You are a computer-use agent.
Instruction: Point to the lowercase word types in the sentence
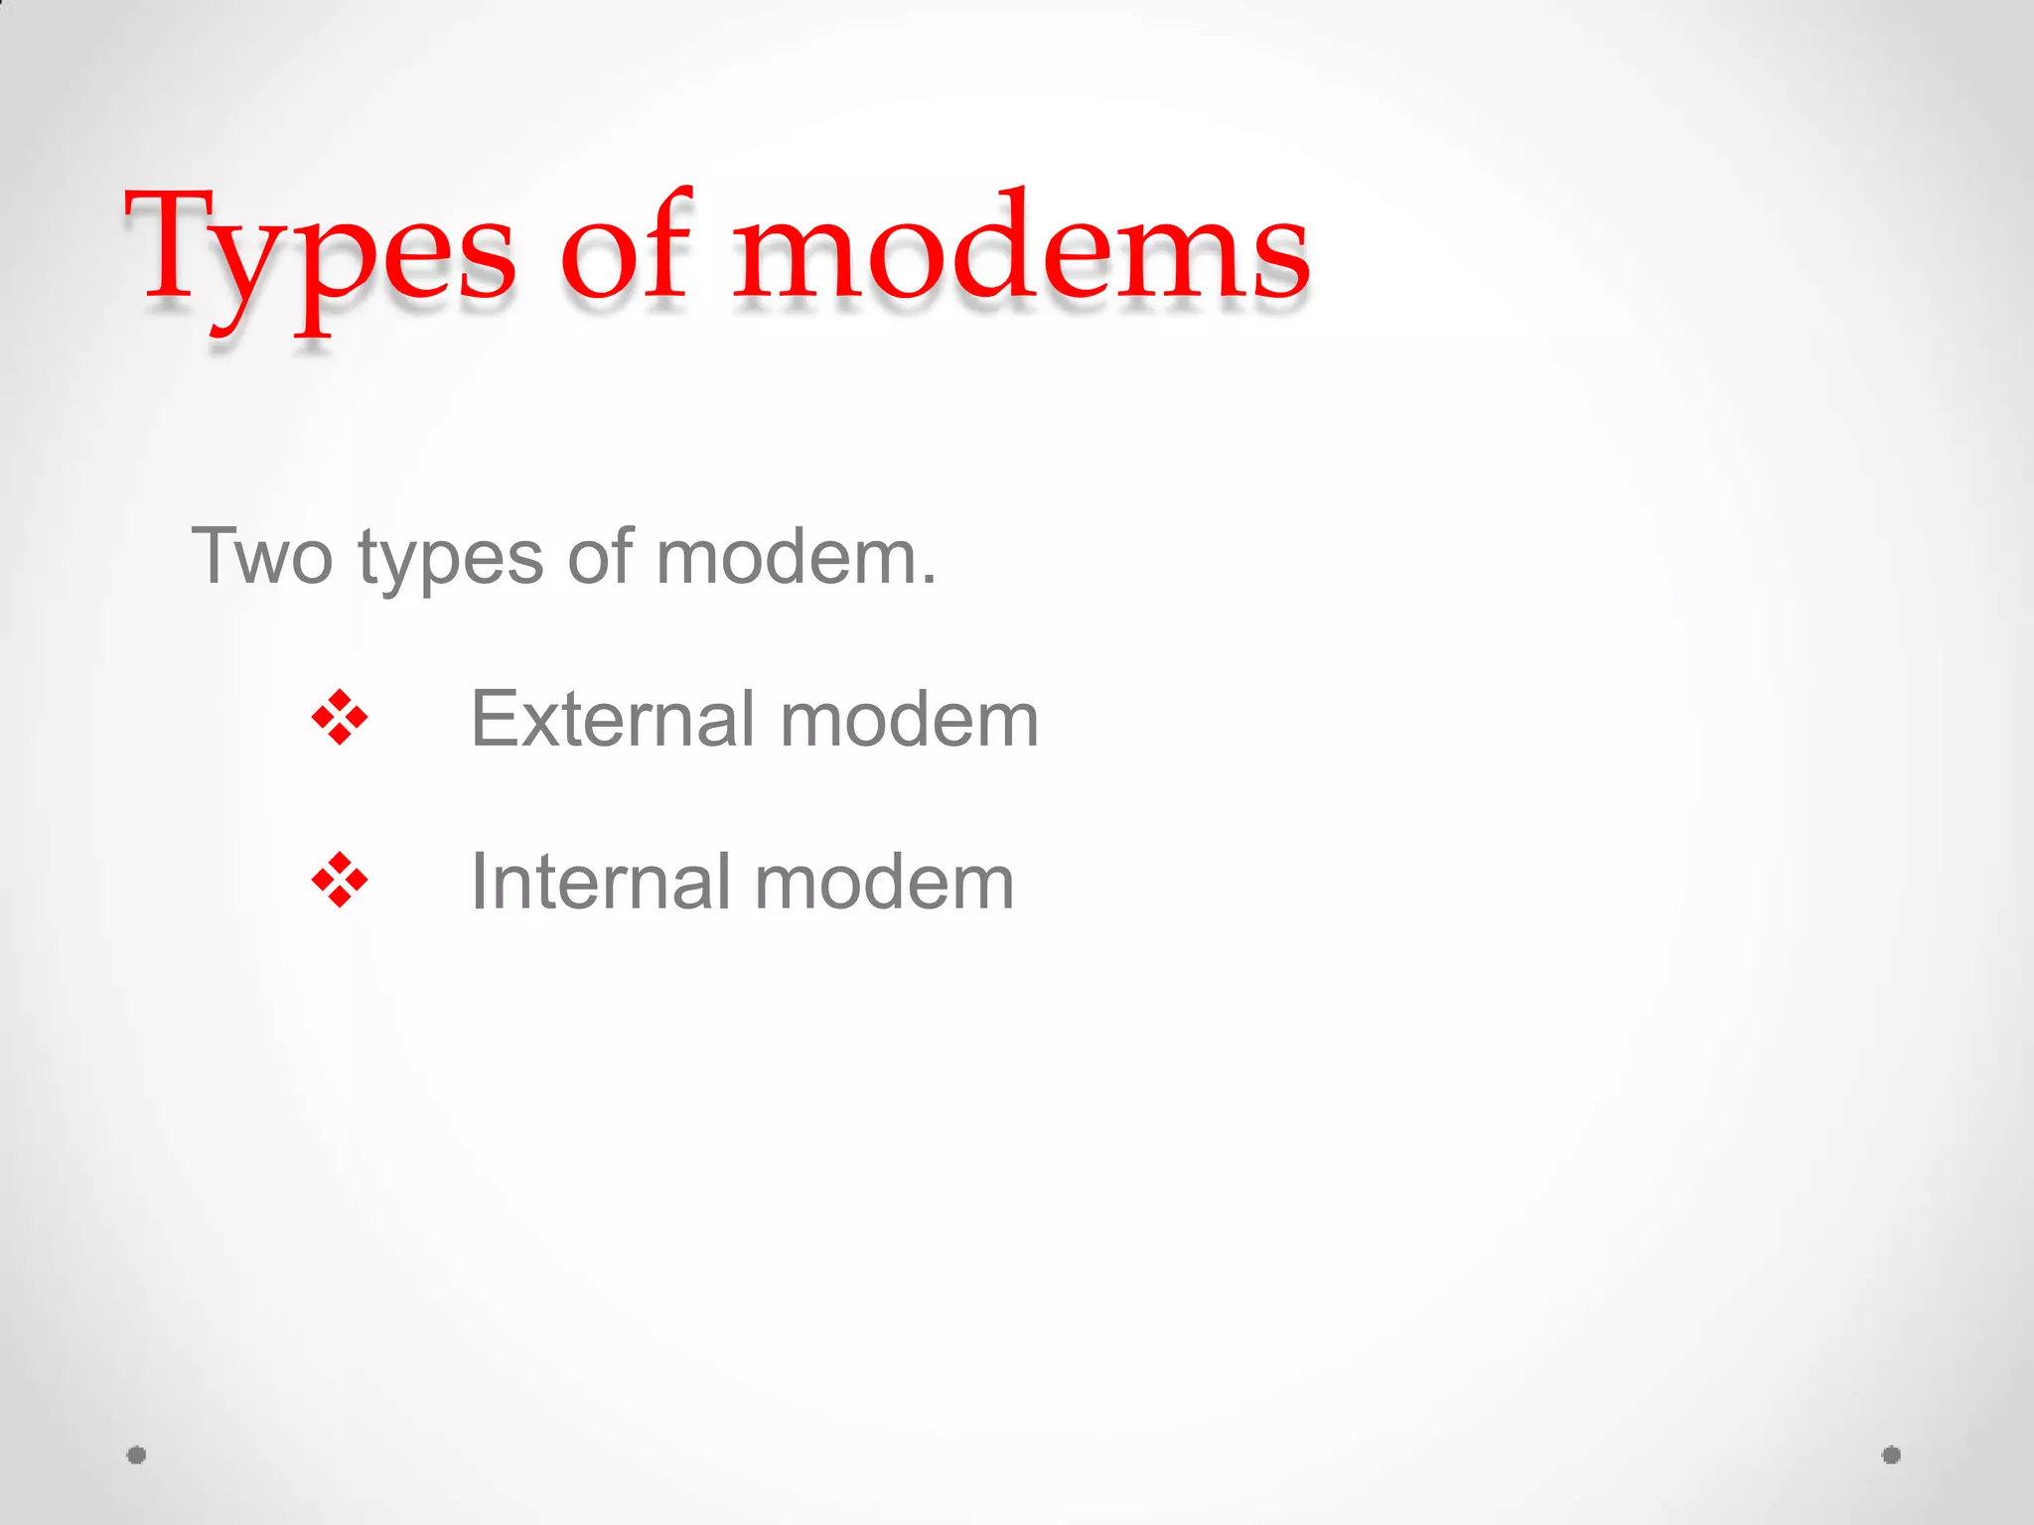pyautogui.click(x=451, y=561)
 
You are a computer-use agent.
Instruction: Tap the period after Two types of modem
pyautogui.click(x=929, y=582)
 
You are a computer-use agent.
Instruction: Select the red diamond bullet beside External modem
pyautogui.click(x=340, y=717)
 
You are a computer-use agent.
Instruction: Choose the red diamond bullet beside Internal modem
pyautogui.click(x=340, y=880)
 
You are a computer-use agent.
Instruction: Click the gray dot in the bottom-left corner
pyautogui.click(x=137, y=1456)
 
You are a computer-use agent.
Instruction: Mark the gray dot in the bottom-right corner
pyautogui.click(x=1891, y=1456)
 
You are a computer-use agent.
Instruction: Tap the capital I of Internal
pyautogui.click(x=479, y=881)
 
